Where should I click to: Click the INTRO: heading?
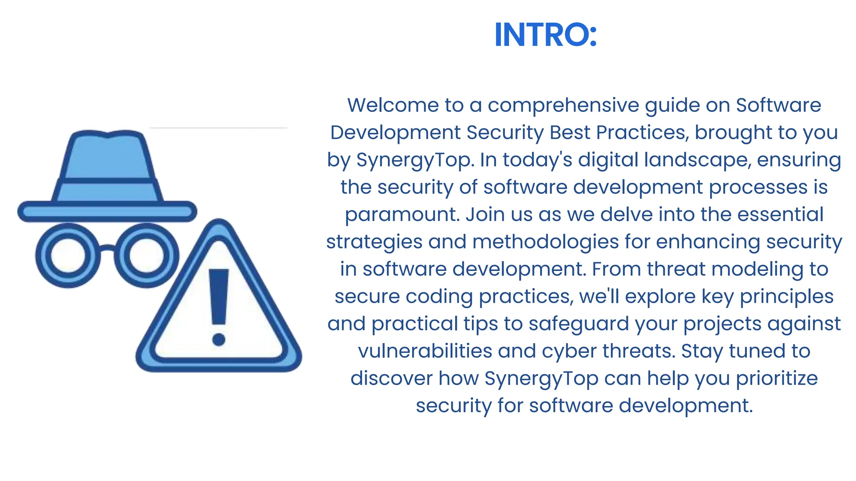coord(545,35)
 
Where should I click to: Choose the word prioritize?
coord(777,379)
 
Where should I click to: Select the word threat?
coord(676,269)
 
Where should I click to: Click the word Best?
coord(570,132)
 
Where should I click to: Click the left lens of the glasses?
coord(68,255)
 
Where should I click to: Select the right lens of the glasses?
coord(146,255)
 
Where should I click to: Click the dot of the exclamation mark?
coord(219,339)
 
